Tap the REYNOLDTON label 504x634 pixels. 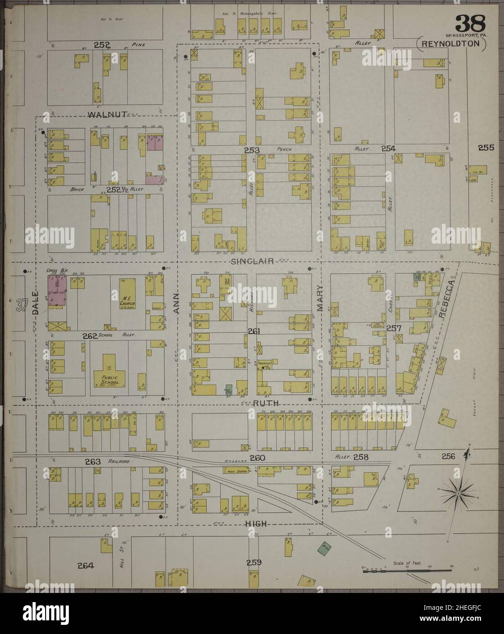[452, 44]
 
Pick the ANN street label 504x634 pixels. [178, 303]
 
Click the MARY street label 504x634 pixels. [320, 297]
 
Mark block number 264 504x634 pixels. [85, 566]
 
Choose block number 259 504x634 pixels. [254, 562]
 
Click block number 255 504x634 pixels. [486, 147]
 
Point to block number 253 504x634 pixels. [251, 150]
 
